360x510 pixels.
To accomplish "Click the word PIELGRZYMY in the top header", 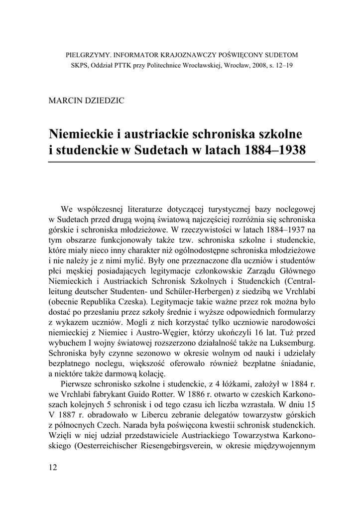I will [87, 55].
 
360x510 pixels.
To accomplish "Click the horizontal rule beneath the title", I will [182, 162].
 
